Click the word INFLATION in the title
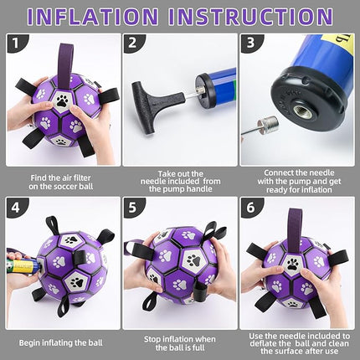93,16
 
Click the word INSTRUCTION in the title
250,16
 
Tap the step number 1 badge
16,44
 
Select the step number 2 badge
132,44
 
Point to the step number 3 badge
250,44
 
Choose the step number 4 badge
16,207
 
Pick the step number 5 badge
132,207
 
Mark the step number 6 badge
250,207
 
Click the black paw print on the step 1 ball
61,101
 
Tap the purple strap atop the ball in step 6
294,226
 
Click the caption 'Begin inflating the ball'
60,342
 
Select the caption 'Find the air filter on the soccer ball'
60,183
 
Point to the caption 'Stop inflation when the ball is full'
180,343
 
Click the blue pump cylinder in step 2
216,89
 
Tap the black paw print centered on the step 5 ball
194,261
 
